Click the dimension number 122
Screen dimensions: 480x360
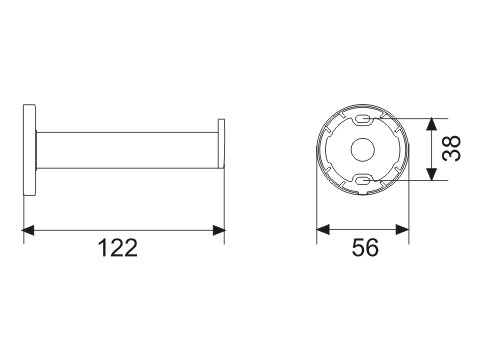pos(118,248)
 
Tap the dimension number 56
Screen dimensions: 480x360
pos(365,247)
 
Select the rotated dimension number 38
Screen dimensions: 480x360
pos(451,148)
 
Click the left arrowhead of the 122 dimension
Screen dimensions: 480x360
pos(28,230)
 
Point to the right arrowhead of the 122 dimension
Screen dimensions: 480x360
pos(219,230)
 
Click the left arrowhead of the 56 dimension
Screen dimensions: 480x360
pos(323,229)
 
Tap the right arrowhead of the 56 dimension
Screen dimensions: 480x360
pos(402,229)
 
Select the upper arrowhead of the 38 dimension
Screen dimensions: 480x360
pos(432,124)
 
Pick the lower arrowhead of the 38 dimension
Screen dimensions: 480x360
pos(432,174)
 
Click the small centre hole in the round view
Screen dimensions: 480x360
pos(363,149)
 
